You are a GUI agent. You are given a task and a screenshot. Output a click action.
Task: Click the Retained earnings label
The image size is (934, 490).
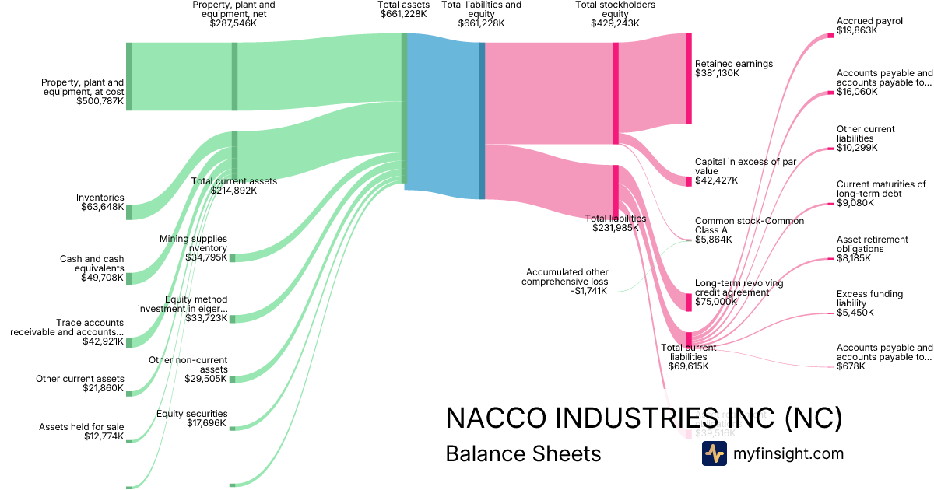tap(733, 64)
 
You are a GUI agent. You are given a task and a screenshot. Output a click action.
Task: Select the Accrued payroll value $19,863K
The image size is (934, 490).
tap(857, 30)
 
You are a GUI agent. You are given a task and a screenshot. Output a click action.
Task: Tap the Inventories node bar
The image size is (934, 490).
tap(129, 212)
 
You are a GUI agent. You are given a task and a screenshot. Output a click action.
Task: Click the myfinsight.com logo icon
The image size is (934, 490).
tap(714, 453)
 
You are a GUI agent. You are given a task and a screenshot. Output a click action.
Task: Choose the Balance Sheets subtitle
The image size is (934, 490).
tap(523, 453)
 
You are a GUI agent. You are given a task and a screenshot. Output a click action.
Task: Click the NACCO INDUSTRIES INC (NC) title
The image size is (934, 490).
tap(643, 418)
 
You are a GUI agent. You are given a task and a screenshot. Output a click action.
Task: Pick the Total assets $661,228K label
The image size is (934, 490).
tap(403, 9)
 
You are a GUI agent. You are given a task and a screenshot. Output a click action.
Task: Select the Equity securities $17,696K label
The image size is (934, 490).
tap(191, 418)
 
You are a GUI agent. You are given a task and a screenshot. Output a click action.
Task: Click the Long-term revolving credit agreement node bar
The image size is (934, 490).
tap(688, 302)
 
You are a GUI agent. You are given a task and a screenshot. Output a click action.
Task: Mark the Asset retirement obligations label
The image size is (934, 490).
tap(873, 244)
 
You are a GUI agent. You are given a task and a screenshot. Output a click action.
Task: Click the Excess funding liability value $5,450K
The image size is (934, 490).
tap(855, 313)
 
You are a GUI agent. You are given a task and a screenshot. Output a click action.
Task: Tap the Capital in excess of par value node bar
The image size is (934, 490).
tap(688, 181)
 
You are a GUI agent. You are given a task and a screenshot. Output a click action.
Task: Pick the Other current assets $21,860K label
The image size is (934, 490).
tap(79, 383)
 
